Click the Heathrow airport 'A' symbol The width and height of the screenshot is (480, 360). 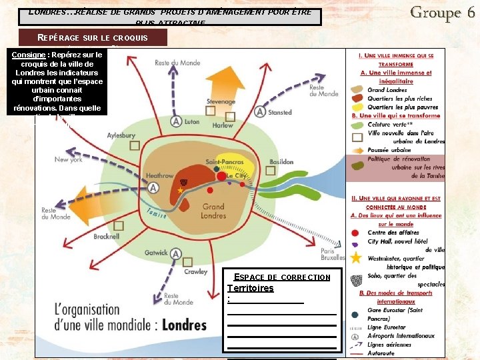[x=154, y=188]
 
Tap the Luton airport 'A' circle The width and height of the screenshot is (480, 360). [x=175, y=121]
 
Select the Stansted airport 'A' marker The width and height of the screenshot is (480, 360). [x=259, y=112]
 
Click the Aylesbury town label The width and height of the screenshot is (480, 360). [x=121, y=135]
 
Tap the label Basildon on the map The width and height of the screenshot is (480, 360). [x=281, y=161]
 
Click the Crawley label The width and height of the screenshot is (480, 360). [x=195, y=272]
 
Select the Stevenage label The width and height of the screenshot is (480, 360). [x=221, y=102]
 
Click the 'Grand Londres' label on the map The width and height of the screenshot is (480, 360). [x=213, y=211]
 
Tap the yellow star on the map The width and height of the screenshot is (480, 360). [x=180, y=190]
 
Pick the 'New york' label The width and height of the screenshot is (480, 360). [x=69, y=159]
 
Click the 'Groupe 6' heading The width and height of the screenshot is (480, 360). [x=442, y=12]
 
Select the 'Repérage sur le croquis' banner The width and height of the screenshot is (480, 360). [x=93, y=37]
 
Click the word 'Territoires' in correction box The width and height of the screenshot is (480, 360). [x=250, y=288]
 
